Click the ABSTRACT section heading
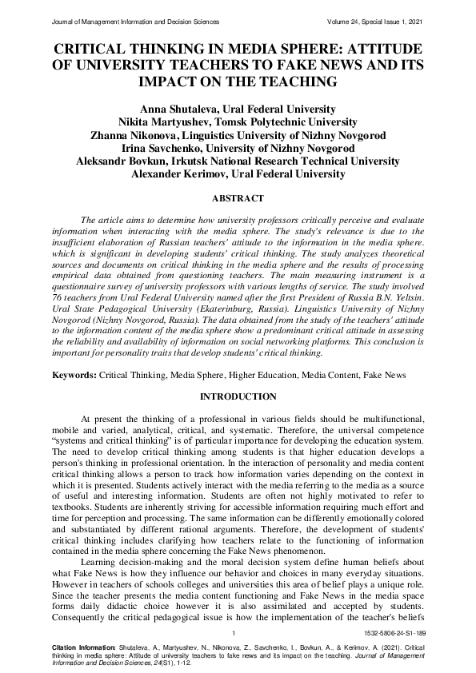(x=238, y=197)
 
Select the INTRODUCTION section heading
(x=238, y=397)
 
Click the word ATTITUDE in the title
(x=380, y=49)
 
